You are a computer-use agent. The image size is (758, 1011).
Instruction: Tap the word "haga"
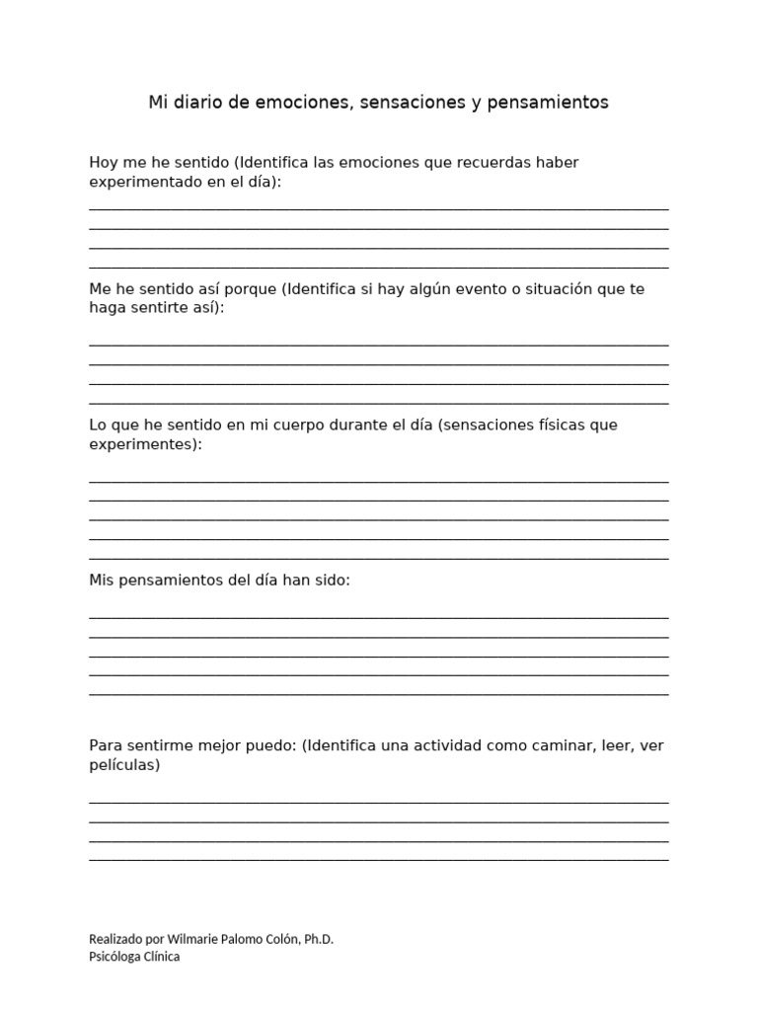click(107, 307)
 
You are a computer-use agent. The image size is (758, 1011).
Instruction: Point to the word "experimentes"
click(143, 444)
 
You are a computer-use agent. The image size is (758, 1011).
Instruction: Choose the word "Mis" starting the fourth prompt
click(102, 580)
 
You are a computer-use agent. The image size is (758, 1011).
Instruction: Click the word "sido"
click(332, 580)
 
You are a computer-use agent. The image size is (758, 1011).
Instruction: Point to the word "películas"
click(123, 764)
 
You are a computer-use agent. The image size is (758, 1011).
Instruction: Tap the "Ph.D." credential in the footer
click(316, 939)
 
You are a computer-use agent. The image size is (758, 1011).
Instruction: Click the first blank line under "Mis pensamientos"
click(378, 617)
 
